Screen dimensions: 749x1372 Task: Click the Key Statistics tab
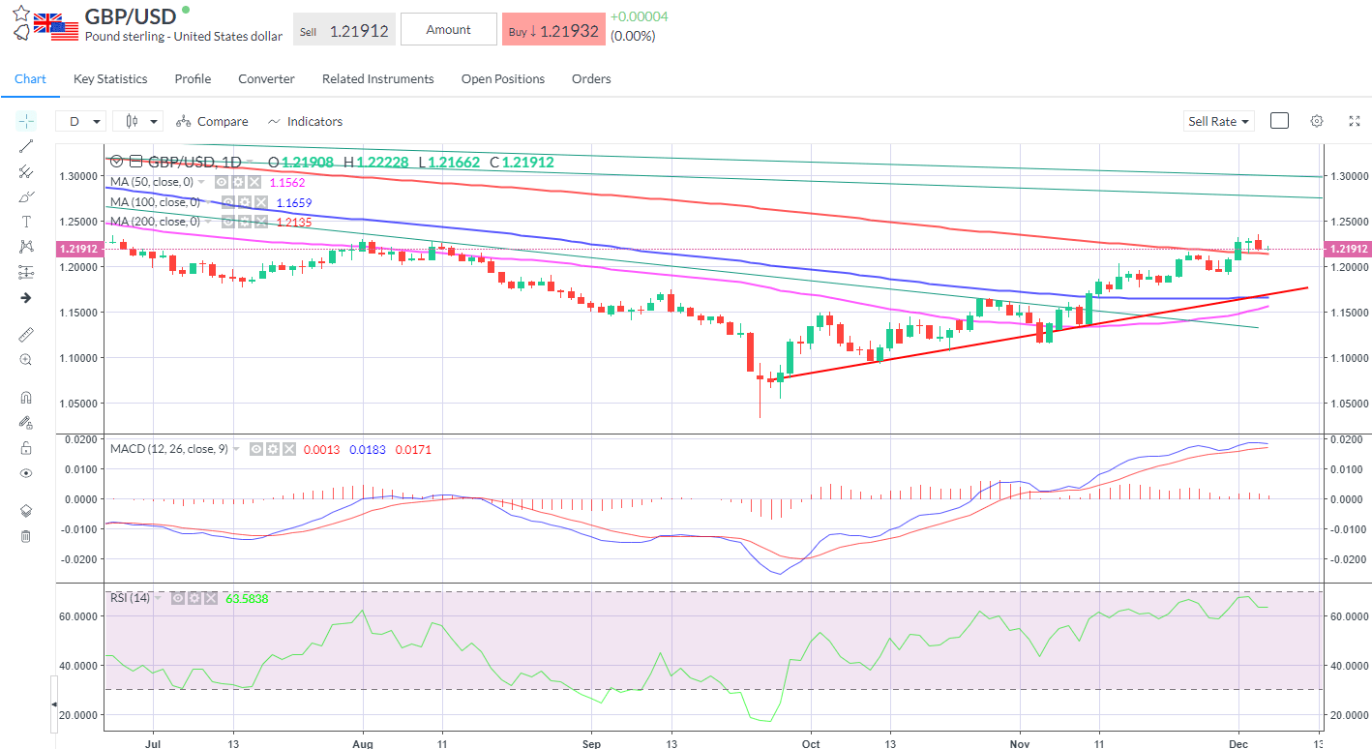click(110, 79)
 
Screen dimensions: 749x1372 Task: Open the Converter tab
click(266, 79)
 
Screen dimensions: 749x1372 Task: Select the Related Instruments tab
click(377, 79)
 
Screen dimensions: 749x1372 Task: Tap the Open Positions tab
click(502, 79)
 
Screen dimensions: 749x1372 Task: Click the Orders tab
click(591, 79)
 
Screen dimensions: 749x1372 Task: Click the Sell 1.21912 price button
click(344, 30)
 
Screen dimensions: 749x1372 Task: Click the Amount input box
click(448, 30)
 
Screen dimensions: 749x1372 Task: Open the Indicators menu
click(305, 122)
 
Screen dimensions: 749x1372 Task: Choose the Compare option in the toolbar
click(212, 122)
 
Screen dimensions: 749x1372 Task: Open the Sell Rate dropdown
click(1218, 122)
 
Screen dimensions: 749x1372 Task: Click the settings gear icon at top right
click(1317, 121)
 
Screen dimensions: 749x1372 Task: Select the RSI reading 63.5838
click(247, 599)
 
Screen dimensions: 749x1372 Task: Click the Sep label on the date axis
click(592, 744)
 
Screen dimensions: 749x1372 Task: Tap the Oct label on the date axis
click(811, 744)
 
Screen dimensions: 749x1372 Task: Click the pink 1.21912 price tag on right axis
click(1349, 249)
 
